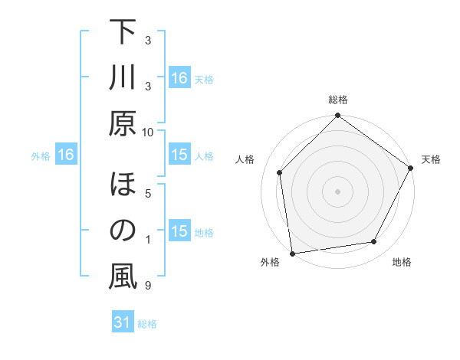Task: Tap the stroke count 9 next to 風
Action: (148, 286)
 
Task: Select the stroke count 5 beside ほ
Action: (148, 194)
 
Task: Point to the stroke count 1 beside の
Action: (148, 240)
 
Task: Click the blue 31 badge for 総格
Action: (122, 323)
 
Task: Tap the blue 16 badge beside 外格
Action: (65, 155)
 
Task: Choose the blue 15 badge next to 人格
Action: (179, 155)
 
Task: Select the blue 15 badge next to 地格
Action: (179, 231)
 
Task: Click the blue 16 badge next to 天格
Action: (179, 78)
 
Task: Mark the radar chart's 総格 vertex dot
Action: (337, 117)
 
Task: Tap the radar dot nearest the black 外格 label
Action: (292, 252)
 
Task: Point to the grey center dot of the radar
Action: (337, 191)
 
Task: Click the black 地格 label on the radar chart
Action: (402, 263)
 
